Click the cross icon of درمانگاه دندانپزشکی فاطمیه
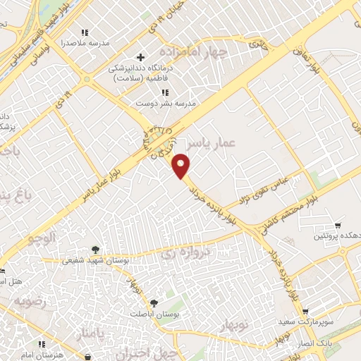[x=141, y=56]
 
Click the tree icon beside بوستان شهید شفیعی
[x=95, y=250]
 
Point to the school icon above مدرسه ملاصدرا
[x=85, y=32]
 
